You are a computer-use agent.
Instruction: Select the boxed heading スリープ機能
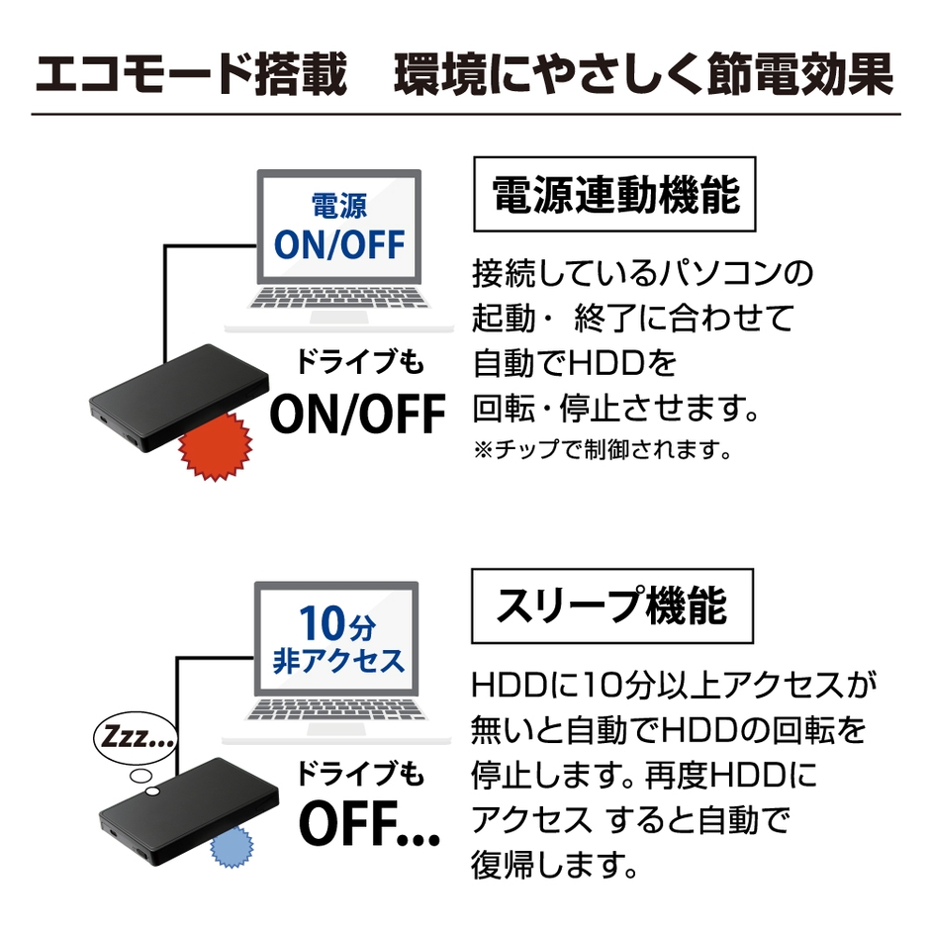[612, 605]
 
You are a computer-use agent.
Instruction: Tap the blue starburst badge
[232, 846]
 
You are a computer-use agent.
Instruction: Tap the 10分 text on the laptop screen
[338, 624]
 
